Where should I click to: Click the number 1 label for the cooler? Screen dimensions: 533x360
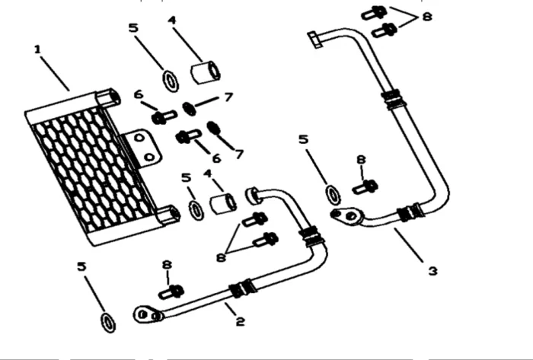click(x=37, y=49)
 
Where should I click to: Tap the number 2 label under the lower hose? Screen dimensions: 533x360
click(x=241, y=321)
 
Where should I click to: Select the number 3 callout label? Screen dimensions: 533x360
click(x=432, y=271)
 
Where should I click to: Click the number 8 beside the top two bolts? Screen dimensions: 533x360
click(x=427, y=16)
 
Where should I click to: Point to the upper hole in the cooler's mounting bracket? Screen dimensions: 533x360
click(x=139, y=138)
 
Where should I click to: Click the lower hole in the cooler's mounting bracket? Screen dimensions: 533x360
click(x=149, y=158)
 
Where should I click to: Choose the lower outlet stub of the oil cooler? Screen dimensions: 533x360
click(x=168, y=215)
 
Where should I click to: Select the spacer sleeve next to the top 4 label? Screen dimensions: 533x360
click(x=205, y=72)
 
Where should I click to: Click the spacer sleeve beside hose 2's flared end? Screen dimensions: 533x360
click(x=223, y=204)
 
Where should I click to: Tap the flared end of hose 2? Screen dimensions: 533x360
click(x=253, y=196)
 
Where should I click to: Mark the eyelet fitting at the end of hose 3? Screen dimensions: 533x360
click(x=347, y=216)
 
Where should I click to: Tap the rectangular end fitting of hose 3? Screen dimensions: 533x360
click(x=314, y=40)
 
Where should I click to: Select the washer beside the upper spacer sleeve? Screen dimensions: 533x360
click(x=171, y=81)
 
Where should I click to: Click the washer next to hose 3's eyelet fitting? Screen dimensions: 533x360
click(x=334, y=195)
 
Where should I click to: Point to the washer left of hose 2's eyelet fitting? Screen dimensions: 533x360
click(x=108, y=323)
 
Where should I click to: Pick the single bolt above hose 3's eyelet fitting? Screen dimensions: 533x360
click(x=365, y=187)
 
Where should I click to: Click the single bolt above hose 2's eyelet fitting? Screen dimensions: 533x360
click(x=171, y=292)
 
